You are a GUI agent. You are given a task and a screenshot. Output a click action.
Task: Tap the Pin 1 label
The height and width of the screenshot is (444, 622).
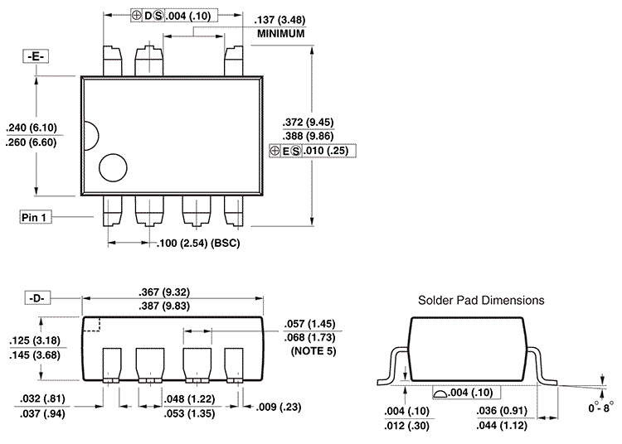36,216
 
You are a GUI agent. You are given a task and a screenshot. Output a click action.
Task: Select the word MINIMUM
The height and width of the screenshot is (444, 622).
281,34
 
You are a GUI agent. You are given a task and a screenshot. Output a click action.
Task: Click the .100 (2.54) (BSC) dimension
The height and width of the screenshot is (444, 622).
197,244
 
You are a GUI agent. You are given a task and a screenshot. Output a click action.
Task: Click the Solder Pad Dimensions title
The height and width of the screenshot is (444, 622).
481,300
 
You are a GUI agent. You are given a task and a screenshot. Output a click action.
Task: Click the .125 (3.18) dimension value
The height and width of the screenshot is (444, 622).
32,340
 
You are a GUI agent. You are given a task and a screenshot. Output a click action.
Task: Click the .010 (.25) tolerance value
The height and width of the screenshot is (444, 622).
328,151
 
